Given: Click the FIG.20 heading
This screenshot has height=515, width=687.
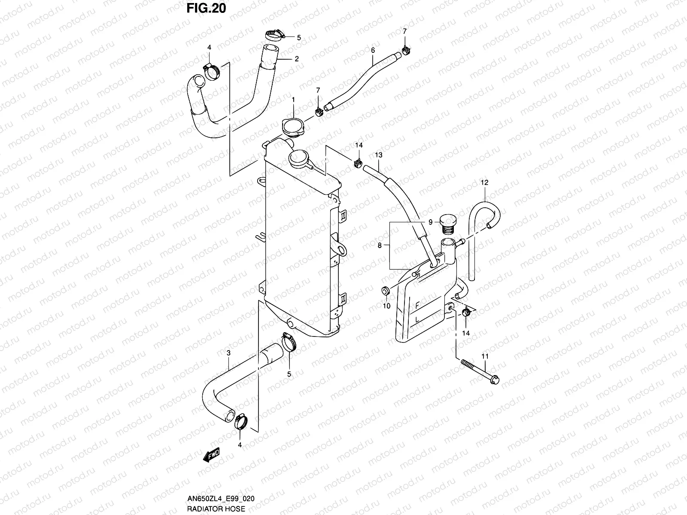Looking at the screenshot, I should coord(206,8).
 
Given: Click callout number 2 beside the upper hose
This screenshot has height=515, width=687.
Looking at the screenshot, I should coord(296,59).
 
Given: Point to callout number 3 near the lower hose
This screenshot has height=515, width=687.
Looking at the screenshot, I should coord(229,353).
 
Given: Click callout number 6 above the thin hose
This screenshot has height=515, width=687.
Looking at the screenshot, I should coord(373,51).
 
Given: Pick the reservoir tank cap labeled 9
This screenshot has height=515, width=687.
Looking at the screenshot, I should coord(447,223).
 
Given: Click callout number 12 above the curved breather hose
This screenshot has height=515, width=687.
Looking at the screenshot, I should coord(484,183).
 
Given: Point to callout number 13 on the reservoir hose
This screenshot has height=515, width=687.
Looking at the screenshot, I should coord(378,154).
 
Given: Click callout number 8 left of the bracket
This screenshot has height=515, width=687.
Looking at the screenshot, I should coord(380,246).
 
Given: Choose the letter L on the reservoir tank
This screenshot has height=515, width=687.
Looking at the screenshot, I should coord(417,320).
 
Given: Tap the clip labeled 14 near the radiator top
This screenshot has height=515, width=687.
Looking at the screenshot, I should coord(357,163).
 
